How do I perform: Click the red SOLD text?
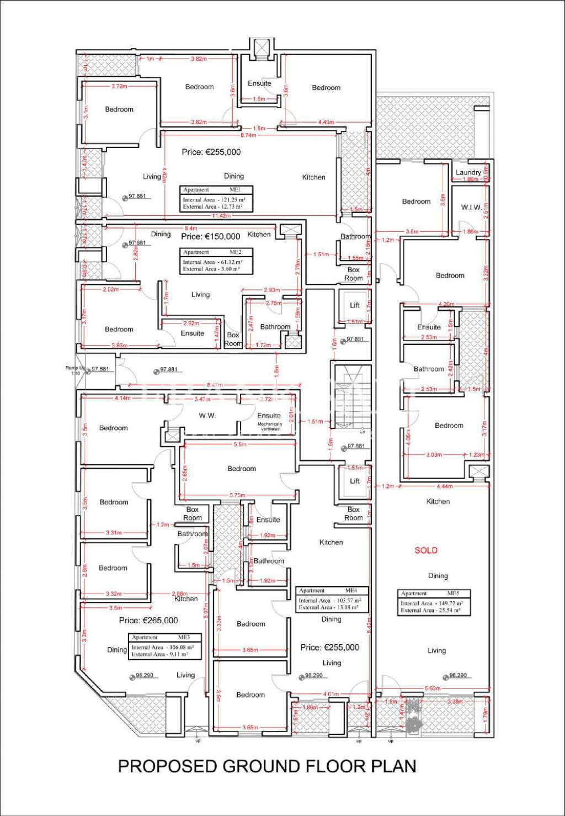(x=426, y=550)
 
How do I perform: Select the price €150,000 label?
(x=211, y=236)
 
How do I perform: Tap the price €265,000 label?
(x=148, y=621)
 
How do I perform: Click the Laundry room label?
(x=468, y=172)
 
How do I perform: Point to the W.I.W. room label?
(x=471, y=207)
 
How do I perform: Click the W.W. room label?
(x=207, y=416)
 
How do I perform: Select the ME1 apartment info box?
(x=216, y=199)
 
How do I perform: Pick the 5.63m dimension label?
(x=432, y=688)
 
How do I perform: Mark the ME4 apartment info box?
(x=332, y=600)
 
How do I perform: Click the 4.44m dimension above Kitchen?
(x=444, y=486)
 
